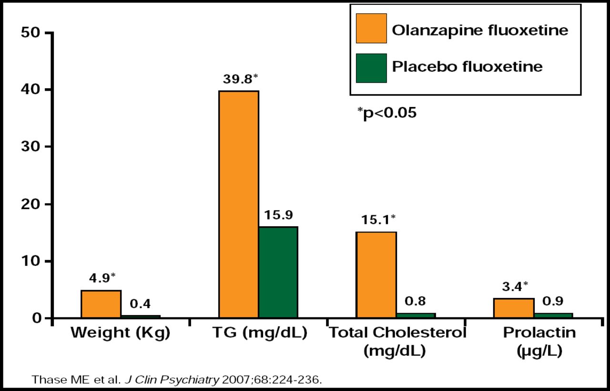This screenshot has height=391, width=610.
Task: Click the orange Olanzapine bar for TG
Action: click(x=238, y=204)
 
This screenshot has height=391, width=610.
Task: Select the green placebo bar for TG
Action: click(x=278, y=272)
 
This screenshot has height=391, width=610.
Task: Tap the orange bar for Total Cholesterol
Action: click(x=376, y=275)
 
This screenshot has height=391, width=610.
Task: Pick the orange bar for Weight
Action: click(x=101, y=304)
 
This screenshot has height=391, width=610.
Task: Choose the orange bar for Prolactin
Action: click(x=513, y=308)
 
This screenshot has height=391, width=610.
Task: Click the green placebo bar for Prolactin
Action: click(x=553, y=315)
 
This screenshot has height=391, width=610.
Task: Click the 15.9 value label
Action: click(x=278, y=215)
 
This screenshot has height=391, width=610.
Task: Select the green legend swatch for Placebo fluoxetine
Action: click(x=371, y=68)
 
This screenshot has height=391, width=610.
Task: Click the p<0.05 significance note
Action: click(x=386, y=113)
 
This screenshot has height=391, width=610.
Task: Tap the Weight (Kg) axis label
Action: click(x=120, y=333)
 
